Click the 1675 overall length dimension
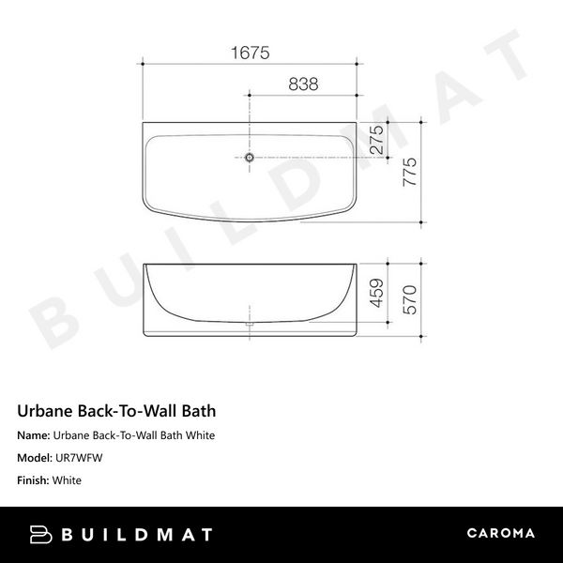click(250, 53)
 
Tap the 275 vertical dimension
click(375, 140)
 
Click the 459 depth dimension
click(376, 295)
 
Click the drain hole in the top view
click(250, 157)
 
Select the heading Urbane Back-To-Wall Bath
click(117, 411)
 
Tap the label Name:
click(34, 435)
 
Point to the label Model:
click(36, 458)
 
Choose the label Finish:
click(36, 480)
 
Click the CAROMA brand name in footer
click(501, 534)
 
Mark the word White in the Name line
click(199, 435)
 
